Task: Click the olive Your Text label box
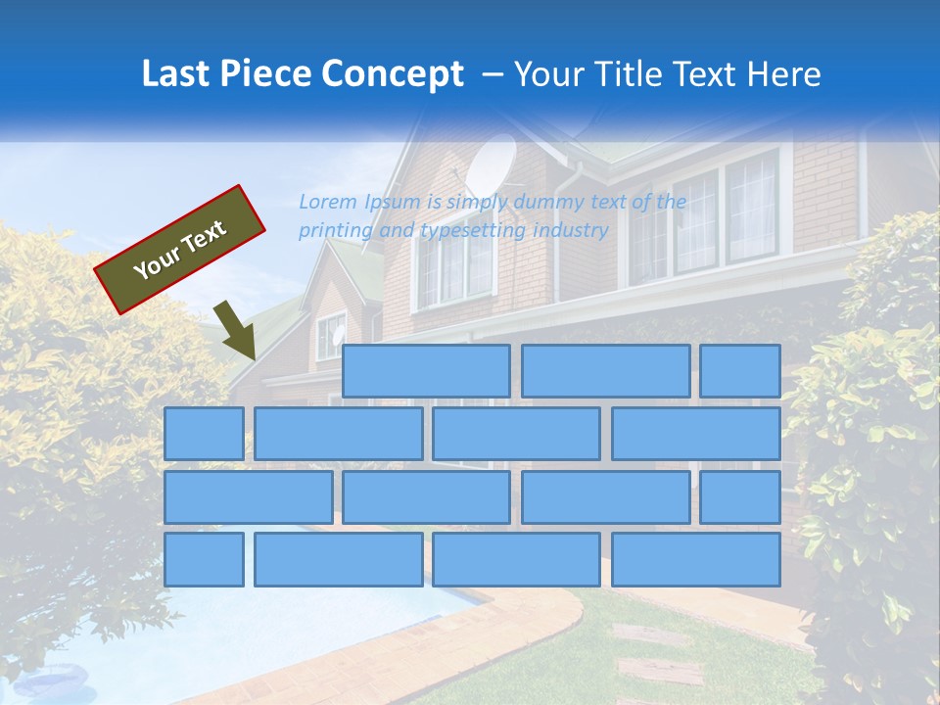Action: point(179,250)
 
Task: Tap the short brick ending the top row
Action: point(740,371)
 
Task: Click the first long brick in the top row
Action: point(426,371)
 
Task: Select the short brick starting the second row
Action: point(204,434)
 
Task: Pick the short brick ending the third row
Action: point(740,496)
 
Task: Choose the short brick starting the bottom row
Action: point(204,559)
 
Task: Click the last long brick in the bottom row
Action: point(696,559)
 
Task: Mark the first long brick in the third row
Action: point(248,496)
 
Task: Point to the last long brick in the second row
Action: point(696,434)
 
